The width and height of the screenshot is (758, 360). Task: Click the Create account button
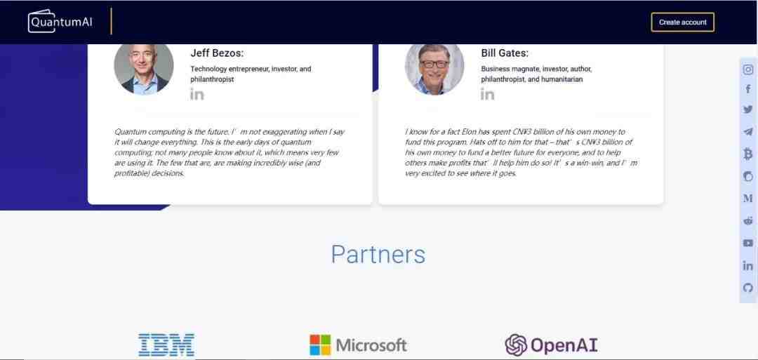click(683, 22)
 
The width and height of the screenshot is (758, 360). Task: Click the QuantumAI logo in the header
click(60, 22)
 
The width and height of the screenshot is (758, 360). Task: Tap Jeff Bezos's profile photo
click(144, 69)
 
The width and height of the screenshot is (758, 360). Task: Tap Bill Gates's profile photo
click(434, 69)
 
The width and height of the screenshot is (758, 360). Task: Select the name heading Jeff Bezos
click(217, 53)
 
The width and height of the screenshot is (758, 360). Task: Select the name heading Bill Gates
click(505, 53)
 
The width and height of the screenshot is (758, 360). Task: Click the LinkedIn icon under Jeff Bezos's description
click(197, 94)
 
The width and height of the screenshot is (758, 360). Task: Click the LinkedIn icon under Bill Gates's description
click(487, 94)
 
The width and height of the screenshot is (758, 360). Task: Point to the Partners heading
click(378, 254)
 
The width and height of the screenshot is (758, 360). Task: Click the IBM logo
click(166, 345)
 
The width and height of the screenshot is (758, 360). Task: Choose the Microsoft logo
click(358, 345)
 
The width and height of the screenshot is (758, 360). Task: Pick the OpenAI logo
click(551, 345)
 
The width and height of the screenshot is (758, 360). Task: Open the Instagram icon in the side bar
click(748, 69)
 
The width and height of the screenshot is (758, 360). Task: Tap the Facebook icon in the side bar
click(748, 89)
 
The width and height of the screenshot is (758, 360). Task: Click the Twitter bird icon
click(748, 109)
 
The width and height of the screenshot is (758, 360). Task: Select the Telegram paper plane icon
click(748, 131)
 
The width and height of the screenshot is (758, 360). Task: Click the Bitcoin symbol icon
click(748, 154)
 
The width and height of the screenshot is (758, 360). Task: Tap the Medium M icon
click(748, 198)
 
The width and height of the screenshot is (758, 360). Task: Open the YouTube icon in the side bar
click(748, 243)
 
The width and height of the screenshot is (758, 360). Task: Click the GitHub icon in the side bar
click(748, 288)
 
